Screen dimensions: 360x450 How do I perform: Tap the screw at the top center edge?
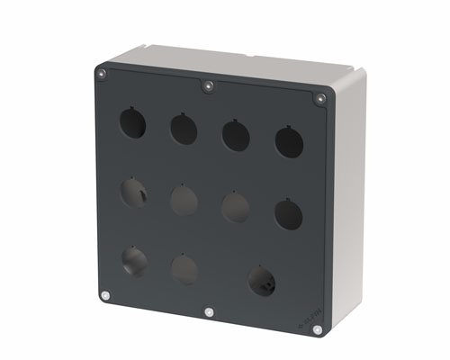click(208, 86)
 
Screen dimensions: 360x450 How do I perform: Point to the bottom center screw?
click(209, 312)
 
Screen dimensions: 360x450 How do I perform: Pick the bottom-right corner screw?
click(318, 330)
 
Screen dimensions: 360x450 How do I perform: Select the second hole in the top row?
click(184, 129)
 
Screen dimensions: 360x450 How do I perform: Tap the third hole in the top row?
click(236, 135)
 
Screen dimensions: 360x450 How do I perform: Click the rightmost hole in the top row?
click(289, 142)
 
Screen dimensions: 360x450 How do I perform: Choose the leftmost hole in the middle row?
click(133, 192)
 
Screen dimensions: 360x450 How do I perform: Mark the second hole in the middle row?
click(184, 200)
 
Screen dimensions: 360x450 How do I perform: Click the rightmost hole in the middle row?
click(289, 214)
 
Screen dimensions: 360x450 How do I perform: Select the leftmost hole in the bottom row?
click(134, 261)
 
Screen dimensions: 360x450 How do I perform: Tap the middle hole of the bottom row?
click(184, 269)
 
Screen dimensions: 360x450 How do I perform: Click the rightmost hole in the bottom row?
click(262, 281)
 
